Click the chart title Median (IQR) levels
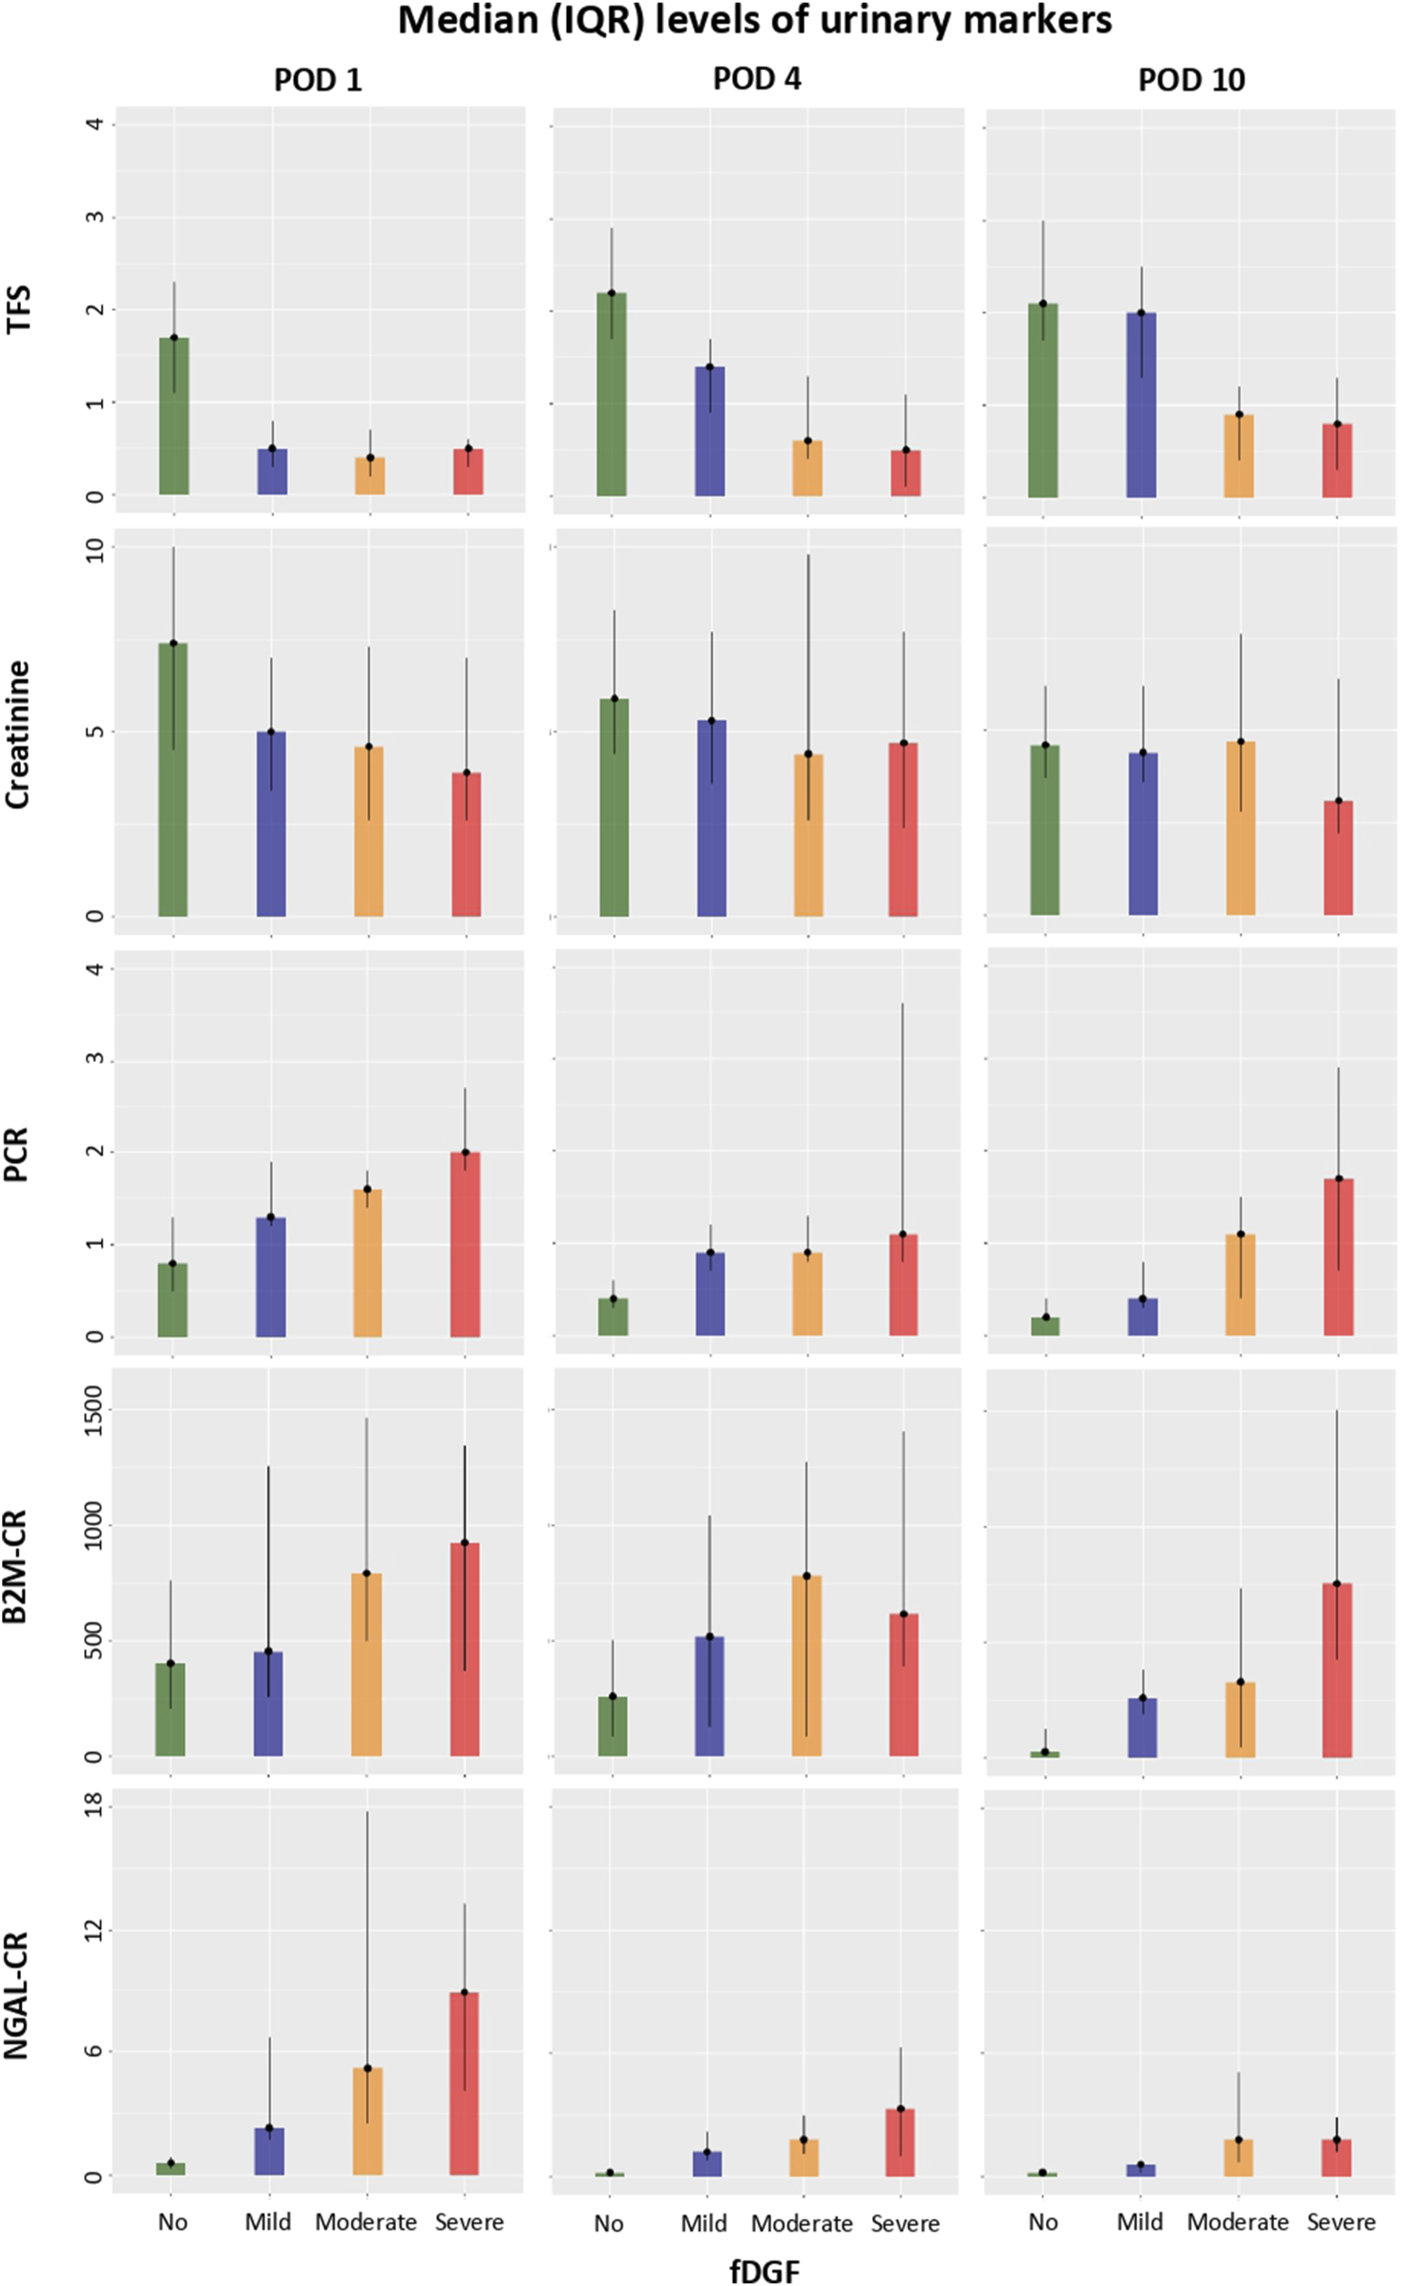pyautogui.click(x=754, y=21)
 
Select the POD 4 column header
pyautogui.click(x=757, y=79)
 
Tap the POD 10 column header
pyautogui.click(x=1191, y=80)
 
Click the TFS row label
pyautogui.click(x=19, y=308)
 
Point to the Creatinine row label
pyautogui.click(x=19, y=735)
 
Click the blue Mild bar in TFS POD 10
pyautogui.click(x=1141, y=405)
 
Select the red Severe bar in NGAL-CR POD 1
pyautogui.click(x=465, y=2084)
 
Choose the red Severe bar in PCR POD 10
pyautogui.click(x=1338, y=1257)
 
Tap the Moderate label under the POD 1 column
pyautogui.click(x=366, y=2222)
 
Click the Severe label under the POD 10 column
pyautogui.click(x=1341, y=2222)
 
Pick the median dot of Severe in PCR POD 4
pyautogui.click(x=903, y=1235)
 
